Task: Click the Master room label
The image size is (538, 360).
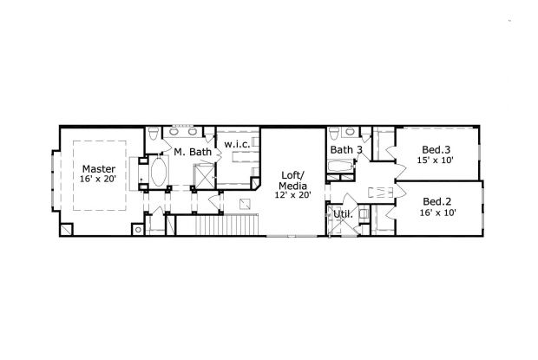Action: click(x=99, y=169)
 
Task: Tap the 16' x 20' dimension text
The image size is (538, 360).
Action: click(x=98, y=179)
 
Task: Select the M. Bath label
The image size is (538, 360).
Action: click(x=193, y=152)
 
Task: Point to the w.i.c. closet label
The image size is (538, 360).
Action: click(x=237, y=144)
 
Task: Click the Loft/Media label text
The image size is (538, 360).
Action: click(x=292, y=180)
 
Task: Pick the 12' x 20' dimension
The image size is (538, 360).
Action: click(x=292, y=195)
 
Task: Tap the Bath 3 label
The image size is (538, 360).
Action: click(x=346, y=150)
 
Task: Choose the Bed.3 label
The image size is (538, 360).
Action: click(x=436, y=149)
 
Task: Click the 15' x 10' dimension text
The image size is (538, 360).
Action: click(x=436, y=160)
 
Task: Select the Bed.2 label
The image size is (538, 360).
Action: click(x=436, y=201)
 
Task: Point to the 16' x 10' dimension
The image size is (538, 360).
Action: click(x=438, y=213)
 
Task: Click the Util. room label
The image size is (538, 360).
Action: click(x=343, y=214)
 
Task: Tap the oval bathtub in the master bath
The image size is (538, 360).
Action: click(x=159, y=172)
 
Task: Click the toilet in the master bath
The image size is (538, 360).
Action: click(x=154, y=134)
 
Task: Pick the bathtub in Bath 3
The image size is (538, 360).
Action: click(x=340, y=167)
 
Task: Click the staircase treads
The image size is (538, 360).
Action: click(x=226, y=225)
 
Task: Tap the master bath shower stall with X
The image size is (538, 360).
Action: click(x=204, y=176)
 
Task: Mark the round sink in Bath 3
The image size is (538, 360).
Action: click(x=351, y=131)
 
